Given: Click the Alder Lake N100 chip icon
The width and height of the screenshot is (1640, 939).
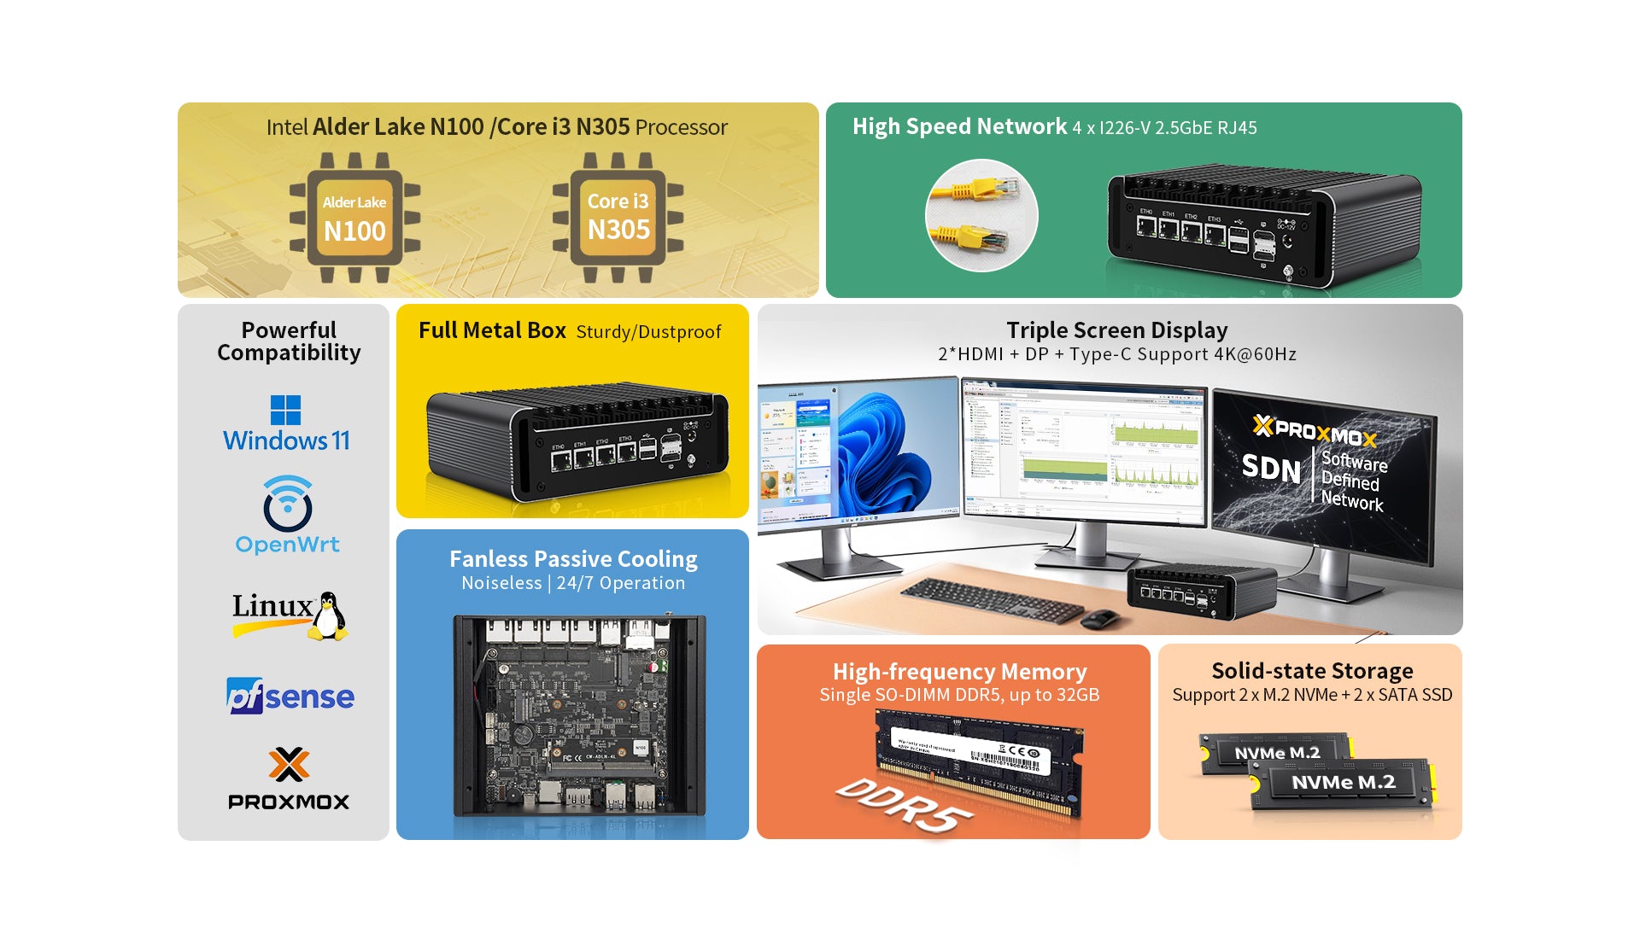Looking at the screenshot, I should pyautogui.click(x=354, y=217).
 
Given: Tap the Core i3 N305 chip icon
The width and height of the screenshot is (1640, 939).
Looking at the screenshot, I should pyautogui.click(x=618, y=217).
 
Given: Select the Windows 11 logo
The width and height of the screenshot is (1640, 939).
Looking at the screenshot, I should pyautogui.click(x=286, y=423).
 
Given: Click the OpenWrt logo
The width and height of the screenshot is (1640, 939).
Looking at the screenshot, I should pyautogui.click(x=287, y=516).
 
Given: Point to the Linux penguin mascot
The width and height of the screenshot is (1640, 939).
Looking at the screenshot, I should pyautogui.click(x=327, y=615).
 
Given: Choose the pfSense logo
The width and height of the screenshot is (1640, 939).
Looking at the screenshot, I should pyautogui.click(x=290, y=697).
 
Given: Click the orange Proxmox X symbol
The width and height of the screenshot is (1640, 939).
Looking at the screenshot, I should pyautogui.click(x=289, y=764).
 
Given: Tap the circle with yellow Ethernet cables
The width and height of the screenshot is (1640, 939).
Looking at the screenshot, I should pyautogui.click(x=981, y=215).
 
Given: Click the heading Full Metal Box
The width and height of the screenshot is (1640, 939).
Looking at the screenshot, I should pyautogui.click(x=492, y=330).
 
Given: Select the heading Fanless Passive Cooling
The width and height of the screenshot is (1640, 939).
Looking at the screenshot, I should pyautogui.click(x=573, y=559).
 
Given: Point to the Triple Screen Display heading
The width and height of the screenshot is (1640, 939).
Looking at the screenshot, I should pyautogui.click(x=1116, y=330).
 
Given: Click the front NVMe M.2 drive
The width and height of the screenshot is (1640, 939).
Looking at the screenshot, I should pyautogui.click(x=1341, y=783).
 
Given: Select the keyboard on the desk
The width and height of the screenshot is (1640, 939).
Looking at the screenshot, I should pyautogui.click(x=991, y=599).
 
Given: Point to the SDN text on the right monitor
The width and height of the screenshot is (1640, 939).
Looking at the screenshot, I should pyautogui.click(x=1271, y=468).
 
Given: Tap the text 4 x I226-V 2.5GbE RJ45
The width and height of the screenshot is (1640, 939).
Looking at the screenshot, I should pyautogui.click(x=1165, y=128).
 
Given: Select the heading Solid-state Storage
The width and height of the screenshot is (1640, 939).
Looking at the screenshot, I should pyautogui.click(x=1312, y=671).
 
